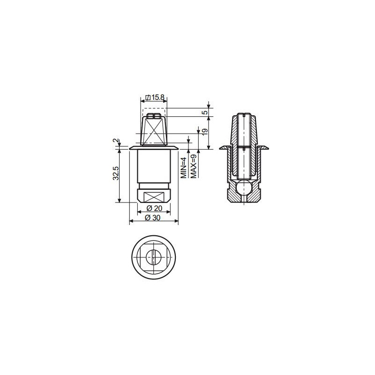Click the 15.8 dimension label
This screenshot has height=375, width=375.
point(157,97)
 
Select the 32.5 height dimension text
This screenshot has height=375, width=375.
point(116,173)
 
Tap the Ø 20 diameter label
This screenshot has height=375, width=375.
point(154,208)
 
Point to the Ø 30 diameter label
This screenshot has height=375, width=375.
point(153,218)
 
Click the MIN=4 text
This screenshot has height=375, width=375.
point(184,168)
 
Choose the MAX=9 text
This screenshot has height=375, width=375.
point(194,166)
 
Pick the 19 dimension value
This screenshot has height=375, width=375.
point(205,132)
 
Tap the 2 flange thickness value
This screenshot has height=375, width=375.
point(116,141)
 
